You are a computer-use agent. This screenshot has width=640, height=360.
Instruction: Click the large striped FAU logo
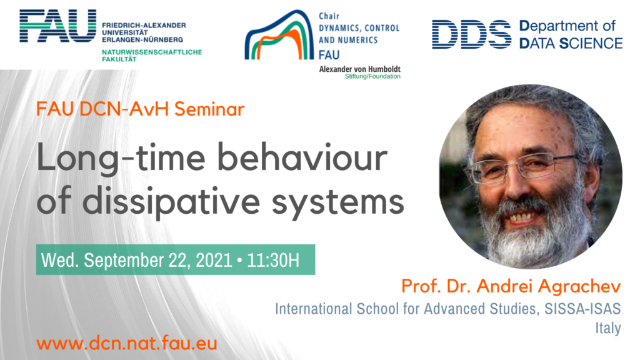pos(58,26)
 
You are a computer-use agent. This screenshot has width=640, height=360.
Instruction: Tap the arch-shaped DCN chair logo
pos(279,35)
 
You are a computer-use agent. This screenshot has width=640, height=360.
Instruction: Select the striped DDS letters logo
pos(471,34)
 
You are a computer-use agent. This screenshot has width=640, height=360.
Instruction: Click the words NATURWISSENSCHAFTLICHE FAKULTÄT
pos(152,56)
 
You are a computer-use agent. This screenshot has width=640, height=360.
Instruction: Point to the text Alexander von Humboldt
pos(359,69)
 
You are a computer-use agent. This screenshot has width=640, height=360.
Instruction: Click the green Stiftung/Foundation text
pos(372,76)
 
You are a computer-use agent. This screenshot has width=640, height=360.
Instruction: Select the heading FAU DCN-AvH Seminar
pos(140,109)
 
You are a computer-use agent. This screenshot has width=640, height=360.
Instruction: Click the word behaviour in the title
pos(302,158)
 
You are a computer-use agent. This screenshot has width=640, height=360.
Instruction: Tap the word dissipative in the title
pos(171,201)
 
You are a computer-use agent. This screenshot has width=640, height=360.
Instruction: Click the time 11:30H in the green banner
pos(273,260)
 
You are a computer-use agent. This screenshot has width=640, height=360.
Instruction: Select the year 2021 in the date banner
pos(214,260)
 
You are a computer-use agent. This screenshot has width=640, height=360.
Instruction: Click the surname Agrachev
pos(579,286)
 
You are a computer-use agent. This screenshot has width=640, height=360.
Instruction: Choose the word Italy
pos(607,328)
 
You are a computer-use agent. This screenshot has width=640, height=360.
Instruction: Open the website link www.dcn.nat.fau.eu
pos(126,343)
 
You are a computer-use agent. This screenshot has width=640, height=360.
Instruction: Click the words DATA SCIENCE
pos(571,43)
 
